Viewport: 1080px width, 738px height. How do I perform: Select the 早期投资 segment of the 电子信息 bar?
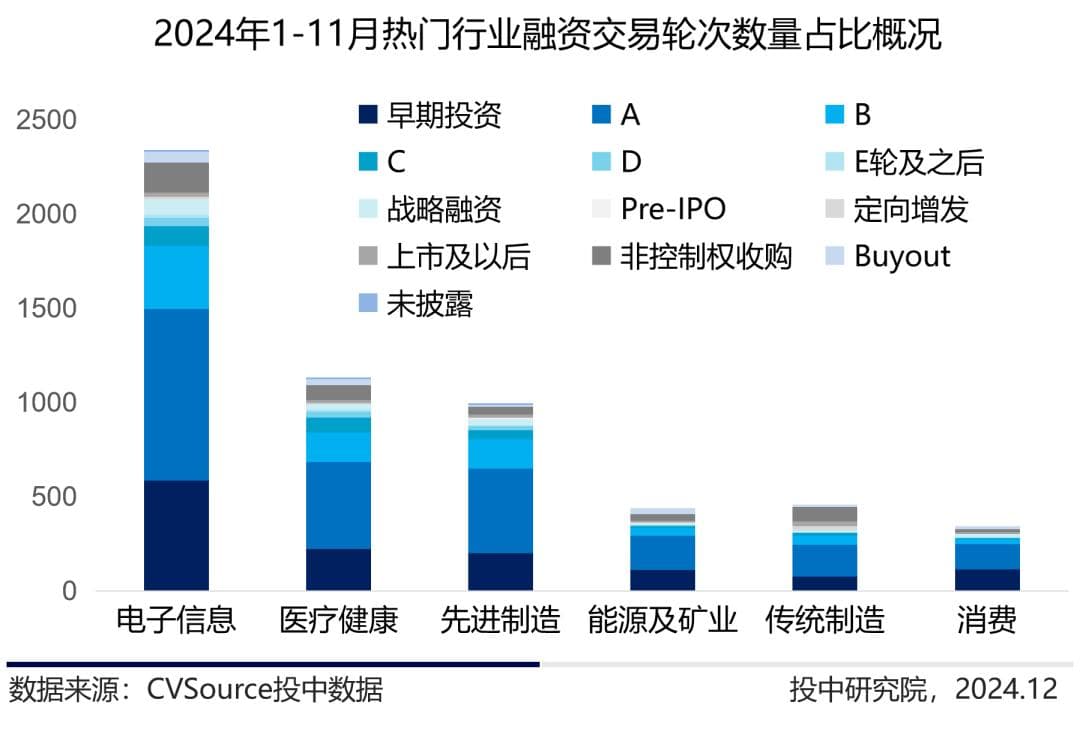tap(176, 535)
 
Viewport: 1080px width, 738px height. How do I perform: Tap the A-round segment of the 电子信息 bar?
tap(176, 395)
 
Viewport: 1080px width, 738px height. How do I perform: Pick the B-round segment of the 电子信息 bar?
tap(176, 277)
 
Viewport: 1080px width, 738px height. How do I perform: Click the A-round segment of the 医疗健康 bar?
tap(338, 505)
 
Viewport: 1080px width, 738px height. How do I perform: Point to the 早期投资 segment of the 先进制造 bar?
tap(500, 571)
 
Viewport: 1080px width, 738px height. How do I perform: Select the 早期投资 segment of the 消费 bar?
tap(987, 579)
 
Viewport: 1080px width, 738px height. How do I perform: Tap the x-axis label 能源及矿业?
tap(662, 620)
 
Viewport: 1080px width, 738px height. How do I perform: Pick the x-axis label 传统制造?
tap(825, 620)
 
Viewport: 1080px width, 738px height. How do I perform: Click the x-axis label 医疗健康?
tap(338, 620)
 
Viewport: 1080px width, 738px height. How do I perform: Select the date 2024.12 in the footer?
tap(1005, 689)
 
